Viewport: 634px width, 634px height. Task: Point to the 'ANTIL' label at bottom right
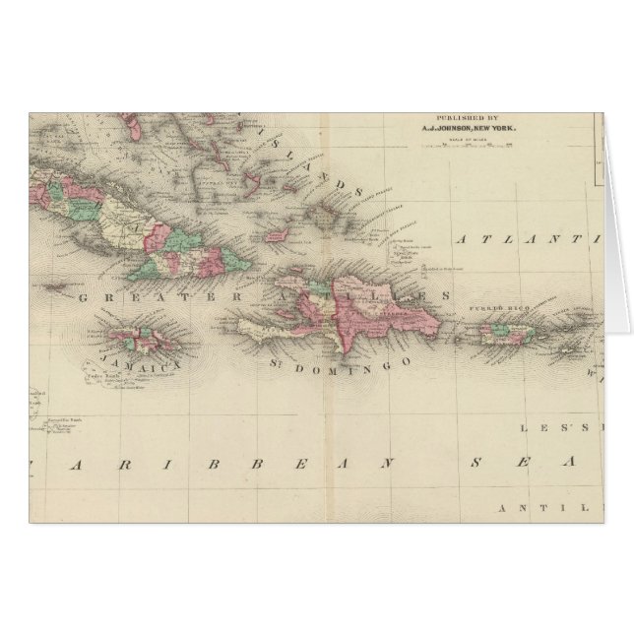coord(555,507)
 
